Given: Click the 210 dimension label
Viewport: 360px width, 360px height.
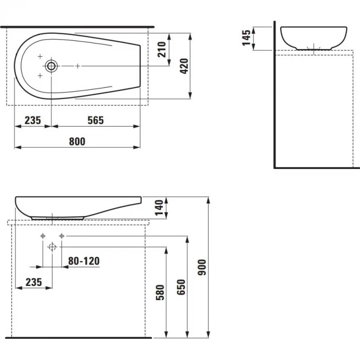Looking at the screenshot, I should click(163, 49).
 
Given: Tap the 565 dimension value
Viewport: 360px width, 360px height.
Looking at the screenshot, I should click(95, 120).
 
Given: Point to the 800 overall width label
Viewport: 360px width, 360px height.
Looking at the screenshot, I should click(77, 141).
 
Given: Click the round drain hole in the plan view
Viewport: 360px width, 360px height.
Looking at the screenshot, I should click(51, 66).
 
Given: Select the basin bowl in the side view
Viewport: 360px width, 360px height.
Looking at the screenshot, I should click(313, 37).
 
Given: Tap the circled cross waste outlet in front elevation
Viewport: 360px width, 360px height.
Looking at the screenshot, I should click(52, 246).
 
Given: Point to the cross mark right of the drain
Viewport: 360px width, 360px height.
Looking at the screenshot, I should click(78, 66).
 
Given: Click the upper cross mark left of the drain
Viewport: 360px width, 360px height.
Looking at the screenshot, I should click(40, 56).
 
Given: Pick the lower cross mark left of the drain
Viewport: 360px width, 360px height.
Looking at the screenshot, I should click(40, 76).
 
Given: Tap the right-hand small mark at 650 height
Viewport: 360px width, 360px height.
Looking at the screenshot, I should click(62, 236).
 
